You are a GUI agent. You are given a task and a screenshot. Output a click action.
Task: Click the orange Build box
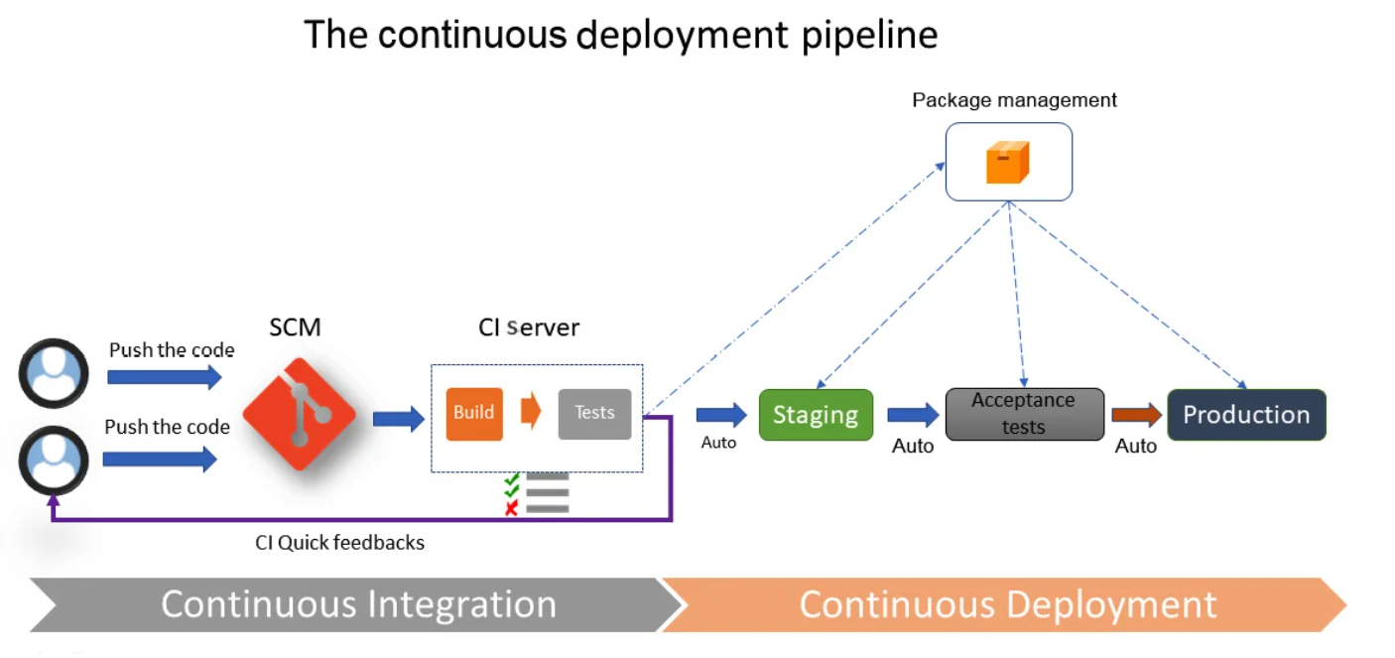pos(474,413)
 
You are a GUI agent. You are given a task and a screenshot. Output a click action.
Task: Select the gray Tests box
pos(594,413)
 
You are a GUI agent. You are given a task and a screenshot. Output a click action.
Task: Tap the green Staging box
pos(816,415)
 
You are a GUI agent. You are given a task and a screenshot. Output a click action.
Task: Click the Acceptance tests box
pos(1024,414)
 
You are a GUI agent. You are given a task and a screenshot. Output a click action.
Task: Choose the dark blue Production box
pos(1246,415)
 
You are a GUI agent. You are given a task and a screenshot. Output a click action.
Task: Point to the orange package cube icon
pos(1007,162)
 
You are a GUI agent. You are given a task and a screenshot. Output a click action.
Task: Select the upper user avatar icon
pos(54,373)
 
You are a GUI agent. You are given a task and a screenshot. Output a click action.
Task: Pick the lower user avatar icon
pos(54,460)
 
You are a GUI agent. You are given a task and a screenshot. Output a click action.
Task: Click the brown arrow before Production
pos(1136,415)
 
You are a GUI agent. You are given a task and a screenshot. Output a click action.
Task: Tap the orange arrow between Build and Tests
pos(531,411)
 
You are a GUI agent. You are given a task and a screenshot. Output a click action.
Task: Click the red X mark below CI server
pos(512,508)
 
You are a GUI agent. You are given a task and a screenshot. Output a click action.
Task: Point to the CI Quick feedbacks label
pos(339,543)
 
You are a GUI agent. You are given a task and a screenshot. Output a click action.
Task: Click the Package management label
pos(1014,100)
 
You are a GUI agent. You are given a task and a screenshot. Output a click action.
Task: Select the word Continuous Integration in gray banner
pos(358,604)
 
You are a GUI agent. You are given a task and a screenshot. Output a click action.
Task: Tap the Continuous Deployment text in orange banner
pos(1007,604)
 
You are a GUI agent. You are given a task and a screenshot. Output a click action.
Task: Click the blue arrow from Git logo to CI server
pos(398,419)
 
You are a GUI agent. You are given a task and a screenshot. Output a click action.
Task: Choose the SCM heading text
pos(295,328)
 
